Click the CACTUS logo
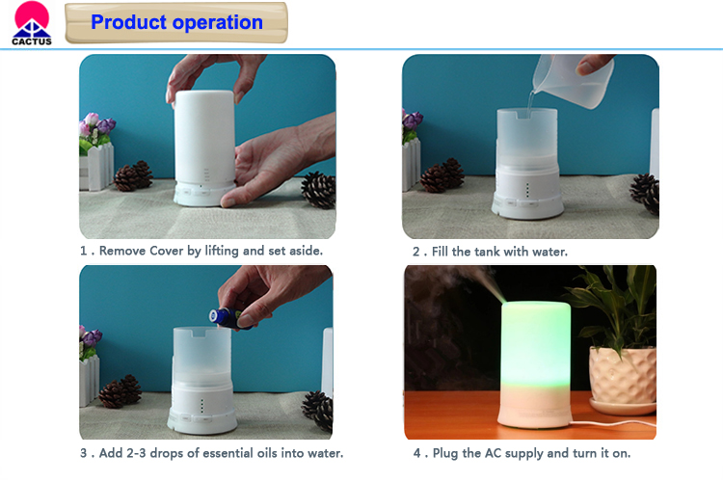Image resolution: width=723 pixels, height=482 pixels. coord(32,23)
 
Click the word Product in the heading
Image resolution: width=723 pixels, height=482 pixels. coord(128,22)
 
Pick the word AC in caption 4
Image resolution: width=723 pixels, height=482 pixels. coord(493,453)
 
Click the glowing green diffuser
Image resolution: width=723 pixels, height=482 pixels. coord(535,364)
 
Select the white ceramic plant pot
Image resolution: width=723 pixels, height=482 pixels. coord(624,379)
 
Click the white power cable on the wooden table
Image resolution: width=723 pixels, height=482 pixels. coord(613,422)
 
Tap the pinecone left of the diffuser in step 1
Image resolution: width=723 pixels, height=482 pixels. coord(133,175)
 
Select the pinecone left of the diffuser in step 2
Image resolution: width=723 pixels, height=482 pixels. coord(442,175)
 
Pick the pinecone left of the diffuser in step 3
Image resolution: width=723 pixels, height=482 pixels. coord(120,391)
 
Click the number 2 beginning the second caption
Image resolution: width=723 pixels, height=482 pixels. coord(416,252)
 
